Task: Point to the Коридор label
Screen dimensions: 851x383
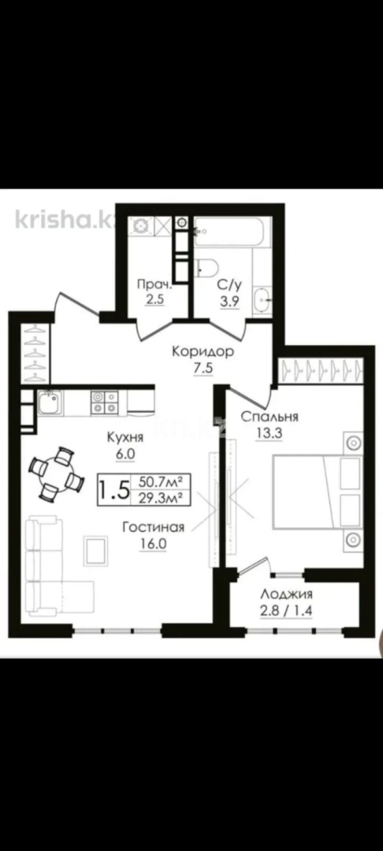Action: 203,351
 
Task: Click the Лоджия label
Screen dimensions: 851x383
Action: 287,595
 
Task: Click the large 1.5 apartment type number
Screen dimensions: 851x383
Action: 113,489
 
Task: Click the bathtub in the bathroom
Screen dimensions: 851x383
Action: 232,231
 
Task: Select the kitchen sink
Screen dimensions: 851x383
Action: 48,405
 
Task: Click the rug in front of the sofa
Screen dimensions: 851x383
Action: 95,548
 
